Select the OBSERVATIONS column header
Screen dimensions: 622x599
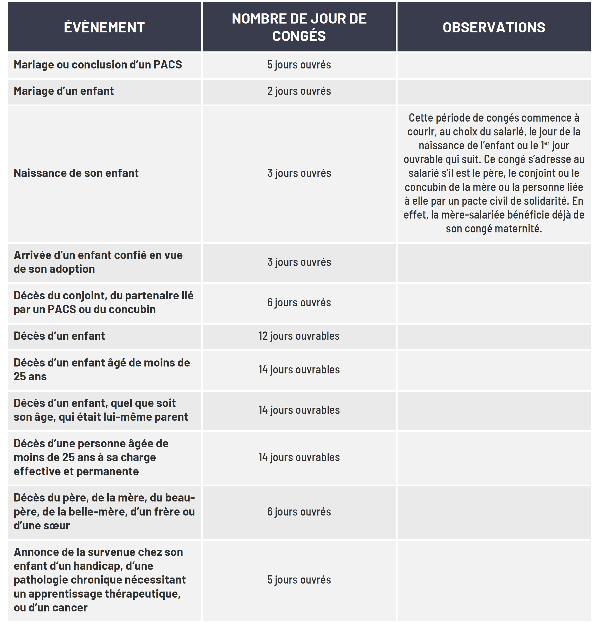point(494,27)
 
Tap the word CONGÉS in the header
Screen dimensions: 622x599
point(299,36)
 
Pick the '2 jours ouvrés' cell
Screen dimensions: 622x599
point(299,91)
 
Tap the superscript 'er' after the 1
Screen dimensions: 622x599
point(547,143)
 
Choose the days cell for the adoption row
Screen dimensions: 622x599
point(299,262)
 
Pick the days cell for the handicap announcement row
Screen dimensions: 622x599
point(299,580)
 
